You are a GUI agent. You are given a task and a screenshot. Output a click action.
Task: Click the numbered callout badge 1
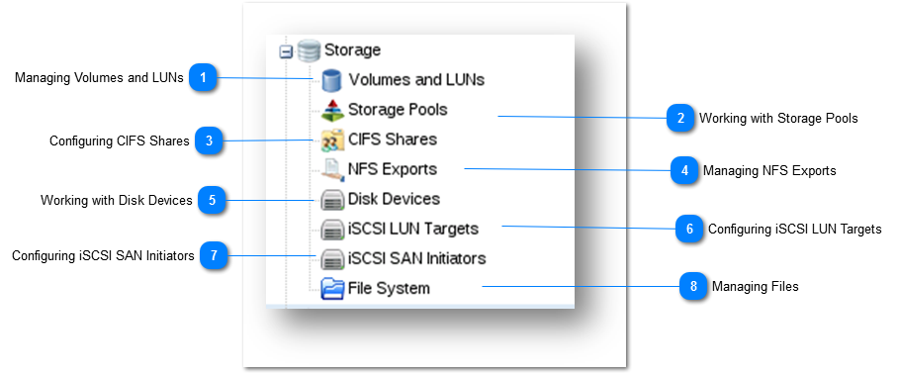203,78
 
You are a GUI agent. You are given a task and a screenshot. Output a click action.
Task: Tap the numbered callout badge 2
679,118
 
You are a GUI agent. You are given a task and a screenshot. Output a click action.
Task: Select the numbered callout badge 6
690,229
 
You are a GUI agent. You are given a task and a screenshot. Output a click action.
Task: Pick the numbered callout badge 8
693,287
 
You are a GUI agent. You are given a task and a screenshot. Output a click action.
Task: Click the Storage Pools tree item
397,110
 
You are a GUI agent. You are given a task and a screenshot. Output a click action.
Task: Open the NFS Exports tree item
392,169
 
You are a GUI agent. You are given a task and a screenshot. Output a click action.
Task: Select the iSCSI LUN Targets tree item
412,229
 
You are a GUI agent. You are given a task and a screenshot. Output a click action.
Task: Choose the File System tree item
389,288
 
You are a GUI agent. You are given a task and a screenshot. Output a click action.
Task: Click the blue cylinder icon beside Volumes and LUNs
331,80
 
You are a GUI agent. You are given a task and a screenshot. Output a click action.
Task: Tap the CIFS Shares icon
331,140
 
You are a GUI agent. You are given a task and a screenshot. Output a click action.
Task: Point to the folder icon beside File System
332,288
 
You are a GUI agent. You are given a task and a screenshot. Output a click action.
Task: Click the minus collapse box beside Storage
286,51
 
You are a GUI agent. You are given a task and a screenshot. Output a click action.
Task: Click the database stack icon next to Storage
309,50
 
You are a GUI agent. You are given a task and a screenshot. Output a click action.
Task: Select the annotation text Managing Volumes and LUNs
99,78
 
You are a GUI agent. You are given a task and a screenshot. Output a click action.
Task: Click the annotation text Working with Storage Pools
778,118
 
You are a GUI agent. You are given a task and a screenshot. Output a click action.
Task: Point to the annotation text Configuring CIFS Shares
119,141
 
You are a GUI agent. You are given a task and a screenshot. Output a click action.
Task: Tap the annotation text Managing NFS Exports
769,170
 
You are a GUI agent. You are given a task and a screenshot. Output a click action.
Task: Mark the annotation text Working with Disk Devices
116,200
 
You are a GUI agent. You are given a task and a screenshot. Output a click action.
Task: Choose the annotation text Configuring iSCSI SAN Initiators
103,255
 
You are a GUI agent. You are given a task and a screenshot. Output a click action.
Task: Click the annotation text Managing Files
755,287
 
